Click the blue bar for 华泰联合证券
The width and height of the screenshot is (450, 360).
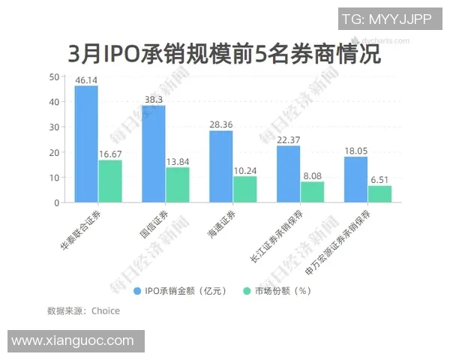tap(86, 144)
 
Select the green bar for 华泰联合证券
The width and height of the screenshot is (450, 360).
tap(109, 181)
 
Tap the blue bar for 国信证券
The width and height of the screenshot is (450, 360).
tap(154, 154)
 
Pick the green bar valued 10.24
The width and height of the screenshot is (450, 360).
tap(244, 189)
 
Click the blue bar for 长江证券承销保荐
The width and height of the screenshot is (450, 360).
tap(289, 174)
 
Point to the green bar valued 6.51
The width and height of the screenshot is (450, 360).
tap(379, 194)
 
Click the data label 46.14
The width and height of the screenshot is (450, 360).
tap(86, 79)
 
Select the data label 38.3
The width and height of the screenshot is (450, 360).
tap(154, 99)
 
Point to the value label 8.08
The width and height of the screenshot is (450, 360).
tap(313, 175)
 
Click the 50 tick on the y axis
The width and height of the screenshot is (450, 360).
tap(54, 76)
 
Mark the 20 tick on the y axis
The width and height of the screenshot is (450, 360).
tap(54, 152)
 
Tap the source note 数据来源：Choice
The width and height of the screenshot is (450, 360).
tap(83, 310)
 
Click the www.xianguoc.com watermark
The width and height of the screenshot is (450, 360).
tap(73, 341)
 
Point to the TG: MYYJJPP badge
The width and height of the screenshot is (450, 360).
tap(386, 20)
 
